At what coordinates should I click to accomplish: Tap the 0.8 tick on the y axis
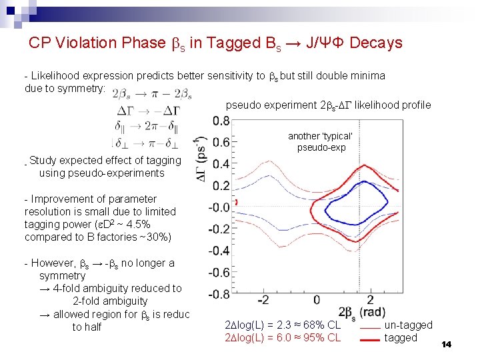click(x=221, y=121)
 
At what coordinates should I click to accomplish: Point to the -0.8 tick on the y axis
click(x=220, y=294)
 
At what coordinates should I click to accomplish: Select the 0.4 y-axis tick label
click(x=221, y=164)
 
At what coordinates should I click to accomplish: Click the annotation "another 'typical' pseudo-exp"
click(x=321, y=141)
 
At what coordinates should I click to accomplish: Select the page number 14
click(x=446, y=344)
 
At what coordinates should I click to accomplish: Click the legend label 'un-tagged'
click(x=408, y=325)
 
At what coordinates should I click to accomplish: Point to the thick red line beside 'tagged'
click(x=370, y=339)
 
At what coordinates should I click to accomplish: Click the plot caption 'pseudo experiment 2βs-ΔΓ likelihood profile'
click(x=328, y=105)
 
